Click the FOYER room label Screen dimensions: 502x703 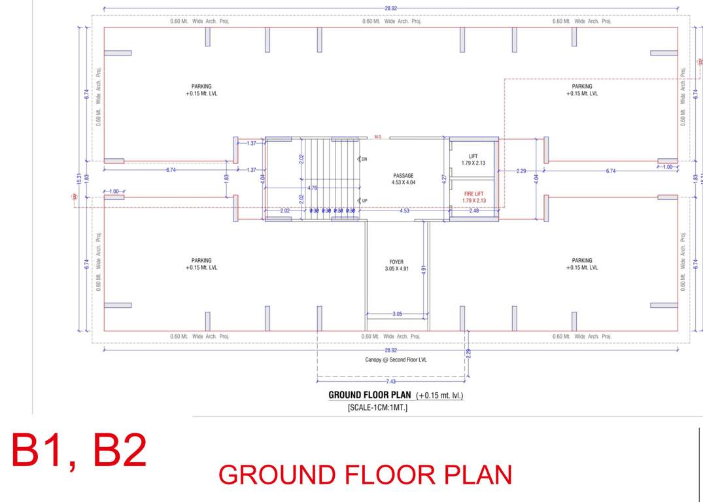point(396,262)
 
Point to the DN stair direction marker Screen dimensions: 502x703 point(364,159)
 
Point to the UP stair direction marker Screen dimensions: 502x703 point(364,201)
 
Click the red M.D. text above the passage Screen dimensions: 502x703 point(378,137)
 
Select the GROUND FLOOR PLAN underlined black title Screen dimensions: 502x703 point(369,395)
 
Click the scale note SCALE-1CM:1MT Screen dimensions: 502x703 point(377,408)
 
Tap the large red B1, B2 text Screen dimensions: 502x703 point(79,450)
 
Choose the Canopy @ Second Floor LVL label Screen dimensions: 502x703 point(396,360)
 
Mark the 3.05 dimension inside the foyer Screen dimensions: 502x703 point(397,314)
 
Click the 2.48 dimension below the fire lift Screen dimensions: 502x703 point(473,211)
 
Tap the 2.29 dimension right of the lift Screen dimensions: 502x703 point(521,171)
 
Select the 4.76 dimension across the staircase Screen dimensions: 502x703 point(313,188)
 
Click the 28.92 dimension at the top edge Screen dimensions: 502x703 point(390,8)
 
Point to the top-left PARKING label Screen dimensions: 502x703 point(201,90)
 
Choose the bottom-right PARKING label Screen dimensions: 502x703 point(582,264)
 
